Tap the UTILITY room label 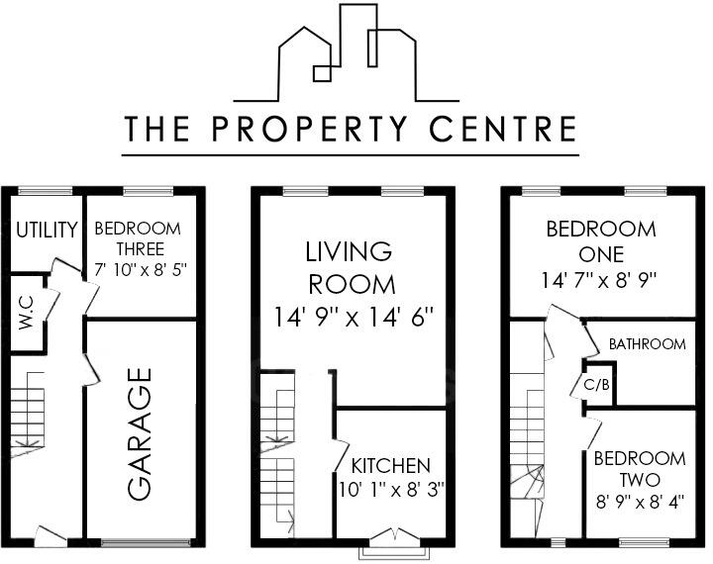(x=47, y=231)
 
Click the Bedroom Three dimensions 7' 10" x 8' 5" (x=141, y=268)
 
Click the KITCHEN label (x=391, y=465)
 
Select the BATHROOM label (x=647, y=344)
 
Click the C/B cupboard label (x=596, y=383)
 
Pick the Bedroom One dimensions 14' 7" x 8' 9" (x=601, y=279)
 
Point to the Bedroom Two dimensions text (x=639, y=501)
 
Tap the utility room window (x=46, y=191)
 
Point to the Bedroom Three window (x=149, y=191)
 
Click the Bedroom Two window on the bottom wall (x=645, y=541)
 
